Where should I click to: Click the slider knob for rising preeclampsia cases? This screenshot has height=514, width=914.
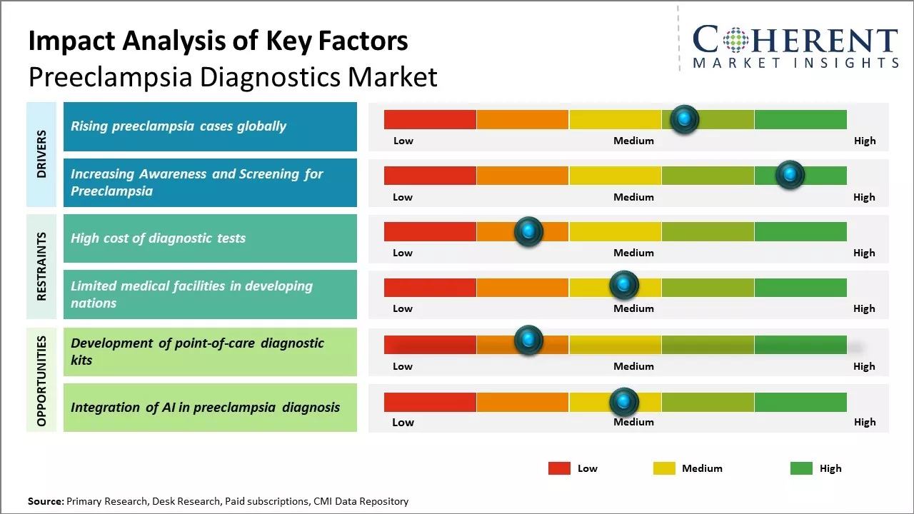click(x=684, y=119)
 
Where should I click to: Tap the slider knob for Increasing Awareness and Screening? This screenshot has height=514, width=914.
click(x=790, y=175)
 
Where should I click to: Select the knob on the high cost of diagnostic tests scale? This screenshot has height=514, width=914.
click(x=528, y=231)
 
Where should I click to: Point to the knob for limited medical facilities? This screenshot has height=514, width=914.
click(x=624, y=286)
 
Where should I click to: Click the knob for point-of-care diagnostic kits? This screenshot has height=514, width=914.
click(x=528, y=341)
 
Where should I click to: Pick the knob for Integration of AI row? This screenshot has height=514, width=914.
click(x=624, y=402)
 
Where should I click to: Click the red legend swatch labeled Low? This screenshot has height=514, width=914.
click(x=559, y=468)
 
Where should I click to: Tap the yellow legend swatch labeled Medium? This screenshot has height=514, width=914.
click(x=664, y=468)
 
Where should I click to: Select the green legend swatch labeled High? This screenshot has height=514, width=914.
click(x=801, y=468)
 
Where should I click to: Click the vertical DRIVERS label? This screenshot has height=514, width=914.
click(x=41, y=154)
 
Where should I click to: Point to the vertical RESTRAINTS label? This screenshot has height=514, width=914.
click(x=41, y=266)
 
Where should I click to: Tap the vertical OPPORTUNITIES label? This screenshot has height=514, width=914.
click(x=41, y=381)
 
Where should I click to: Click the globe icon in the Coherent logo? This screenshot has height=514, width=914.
click(x=735, y=40)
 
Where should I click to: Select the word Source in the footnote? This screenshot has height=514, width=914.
click(x=46, y=501)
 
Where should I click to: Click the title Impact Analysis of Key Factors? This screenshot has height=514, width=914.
click(x=218, y=41)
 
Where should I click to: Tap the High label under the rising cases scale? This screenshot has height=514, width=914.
click(x=864, y=141)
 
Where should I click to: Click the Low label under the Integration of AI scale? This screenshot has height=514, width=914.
click(x=403, y=422)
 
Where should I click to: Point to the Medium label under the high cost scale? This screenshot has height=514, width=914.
click(x=633, y=253)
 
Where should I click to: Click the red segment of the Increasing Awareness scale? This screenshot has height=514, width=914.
click(x=430, y=176)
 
